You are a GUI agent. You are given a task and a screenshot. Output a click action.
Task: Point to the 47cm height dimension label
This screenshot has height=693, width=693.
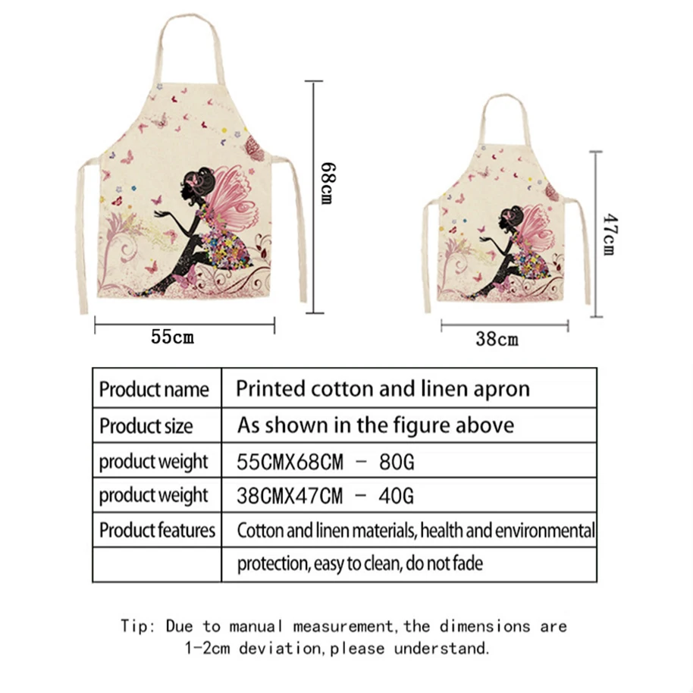608,234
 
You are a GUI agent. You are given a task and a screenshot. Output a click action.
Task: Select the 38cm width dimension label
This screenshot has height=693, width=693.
497,340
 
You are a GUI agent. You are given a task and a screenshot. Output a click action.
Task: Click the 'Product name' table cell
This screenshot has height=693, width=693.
154,390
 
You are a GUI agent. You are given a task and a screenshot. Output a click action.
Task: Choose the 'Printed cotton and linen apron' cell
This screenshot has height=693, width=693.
383,389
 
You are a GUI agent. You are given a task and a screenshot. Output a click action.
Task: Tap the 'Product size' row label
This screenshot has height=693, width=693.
146,425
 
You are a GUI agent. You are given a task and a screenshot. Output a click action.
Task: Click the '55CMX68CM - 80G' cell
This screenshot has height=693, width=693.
326,461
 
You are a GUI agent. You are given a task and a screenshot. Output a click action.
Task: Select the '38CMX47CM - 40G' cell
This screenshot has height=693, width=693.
326,496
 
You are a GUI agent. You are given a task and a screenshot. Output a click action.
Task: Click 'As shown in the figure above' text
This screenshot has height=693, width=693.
375,425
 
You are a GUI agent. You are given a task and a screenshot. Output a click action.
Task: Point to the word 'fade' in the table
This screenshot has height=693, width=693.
467,564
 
